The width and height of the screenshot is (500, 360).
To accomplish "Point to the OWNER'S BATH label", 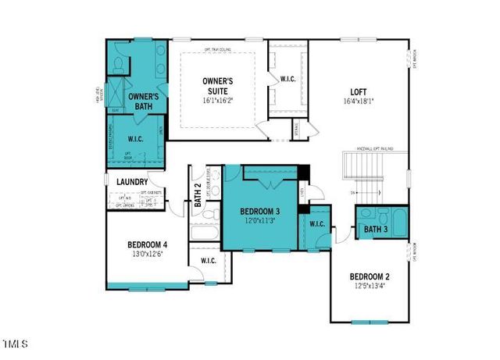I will [x=144, y=102].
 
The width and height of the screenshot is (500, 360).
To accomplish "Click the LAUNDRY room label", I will [x=132, y=182].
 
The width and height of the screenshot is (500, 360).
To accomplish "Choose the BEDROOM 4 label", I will [x=148, y=244].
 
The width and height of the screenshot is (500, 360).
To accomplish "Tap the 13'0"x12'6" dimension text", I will [x=148, y=254].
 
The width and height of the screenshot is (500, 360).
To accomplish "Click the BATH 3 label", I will [x=375, y=229].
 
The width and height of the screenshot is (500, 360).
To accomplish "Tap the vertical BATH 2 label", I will [x=198, y=194].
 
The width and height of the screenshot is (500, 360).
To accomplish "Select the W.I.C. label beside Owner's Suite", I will [x=287, y=79].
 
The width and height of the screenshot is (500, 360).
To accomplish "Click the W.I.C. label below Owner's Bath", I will [x=135, y=139].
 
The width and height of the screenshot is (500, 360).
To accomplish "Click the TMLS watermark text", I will [x=15, y=344].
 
